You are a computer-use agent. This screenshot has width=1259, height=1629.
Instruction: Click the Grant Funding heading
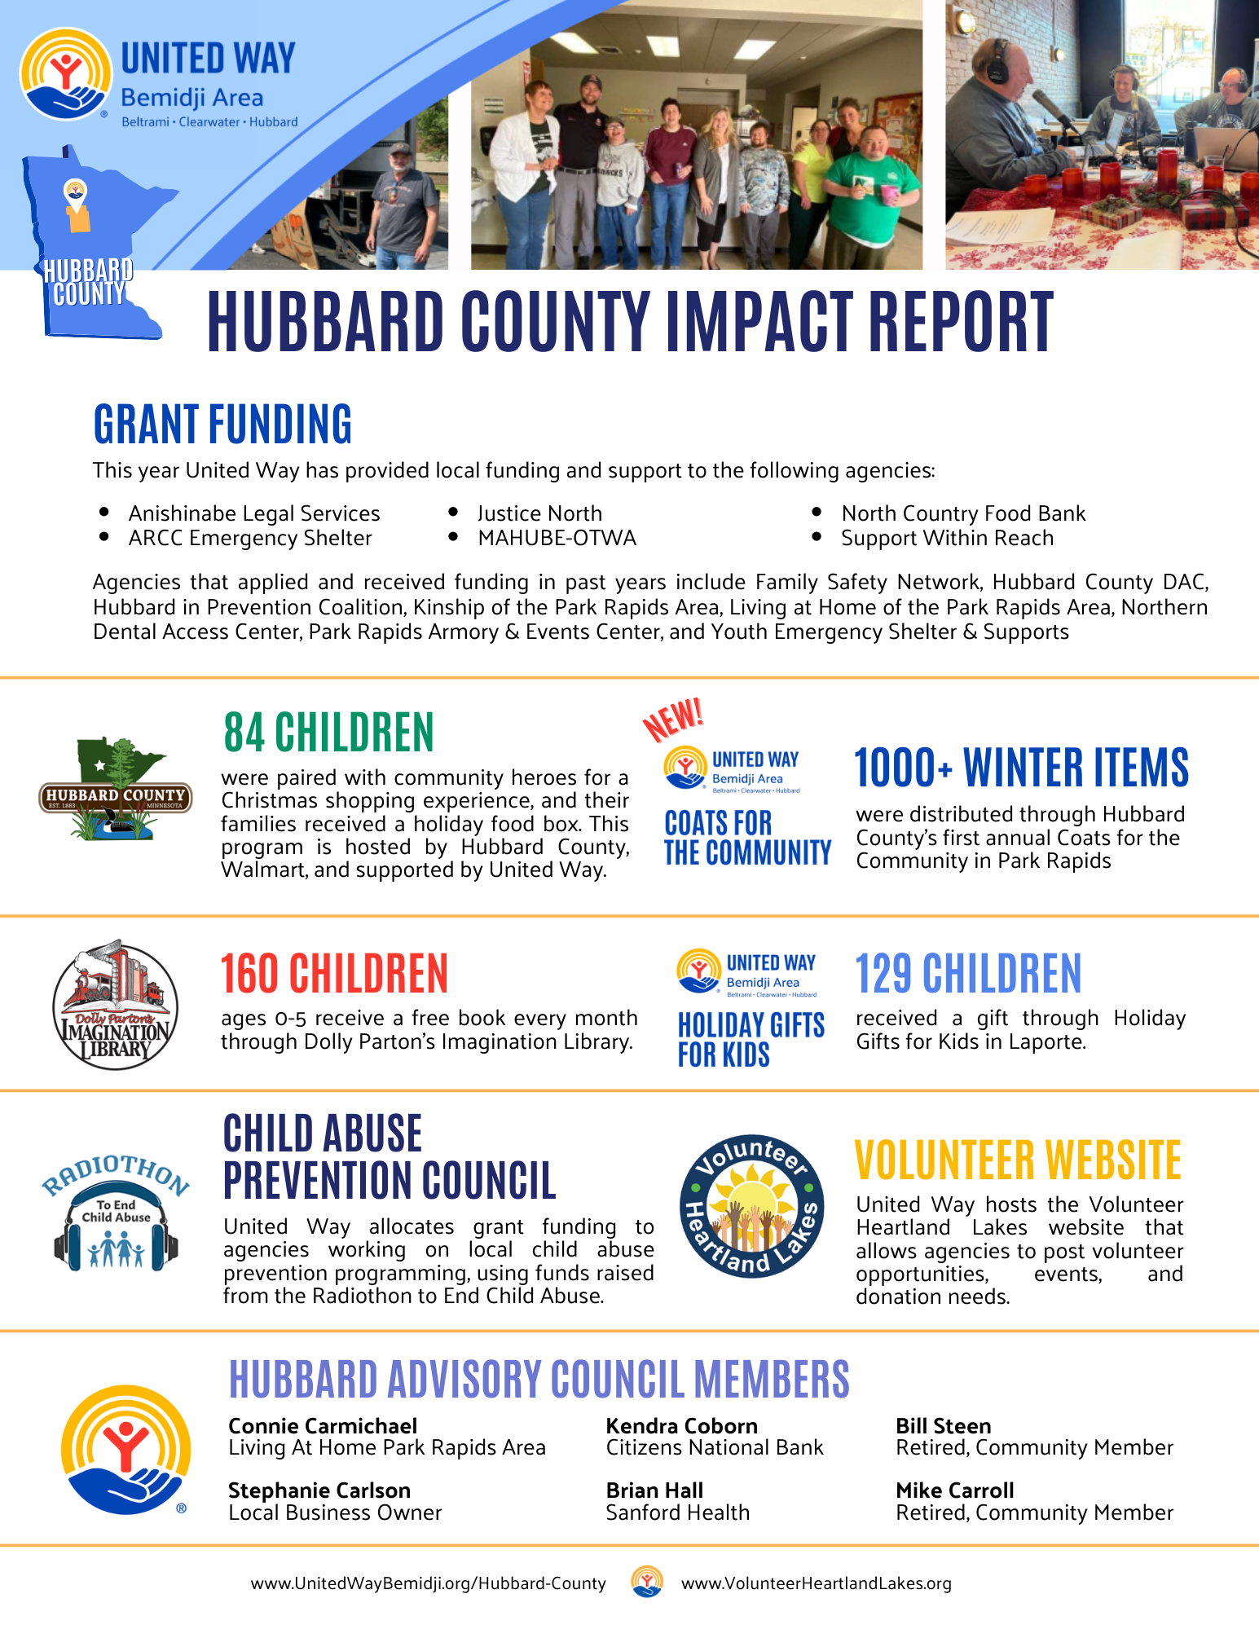click(222, 425)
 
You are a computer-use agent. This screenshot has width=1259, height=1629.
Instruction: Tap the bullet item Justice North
click(539, 513)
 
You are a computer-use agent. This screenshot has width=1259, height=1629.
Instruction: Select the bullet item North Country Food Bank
click(963, 513)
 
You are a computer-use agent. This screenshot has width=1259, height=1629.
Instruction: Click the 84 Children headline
click(328, 732)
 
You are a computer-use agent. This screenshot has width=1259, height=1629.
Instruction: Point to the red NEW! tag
click(673, 719)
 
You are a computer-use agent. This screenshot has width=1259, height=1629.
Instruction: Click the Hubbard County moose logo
click(116, 790)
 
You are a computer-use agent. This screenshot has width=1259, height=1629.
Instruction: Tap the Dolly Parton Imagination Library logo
click(115, 1005)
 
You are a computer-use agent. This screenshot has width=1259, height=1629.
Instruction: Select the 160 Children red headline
click(334, 974)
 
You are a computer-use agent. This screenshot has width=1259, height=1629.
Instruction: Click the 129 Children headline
click(968, 974)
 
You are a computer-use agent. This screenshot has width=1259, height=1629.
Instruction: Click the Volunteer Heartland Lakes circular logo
click(751, 1206)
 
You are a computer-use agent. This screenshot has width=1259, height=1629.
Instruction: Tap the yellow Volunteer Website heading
click(1018, 1160)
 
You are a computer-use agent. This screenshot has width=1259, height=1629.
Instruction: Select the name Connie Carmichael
click(323, 1426)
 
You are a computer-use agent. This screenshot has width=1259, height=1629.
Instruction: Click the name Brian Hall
click(654, 1490)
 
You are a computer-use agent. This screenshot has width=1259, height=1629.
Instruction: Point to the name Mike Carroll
click(955, 1490)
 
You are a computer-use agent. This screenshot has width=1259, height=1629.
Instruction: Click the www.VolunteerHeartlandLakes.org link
click(817, 1583)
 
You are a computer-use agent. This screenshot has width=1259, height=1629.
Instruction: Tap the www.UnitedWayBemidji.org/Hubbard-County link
click(429, 1583)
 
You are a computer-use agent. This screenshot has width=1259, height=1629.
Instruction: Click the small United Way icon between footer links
click(647, 1582)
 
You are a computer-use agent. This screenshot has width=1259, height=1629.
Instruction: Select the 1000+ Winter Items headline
click(1021, 768)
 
